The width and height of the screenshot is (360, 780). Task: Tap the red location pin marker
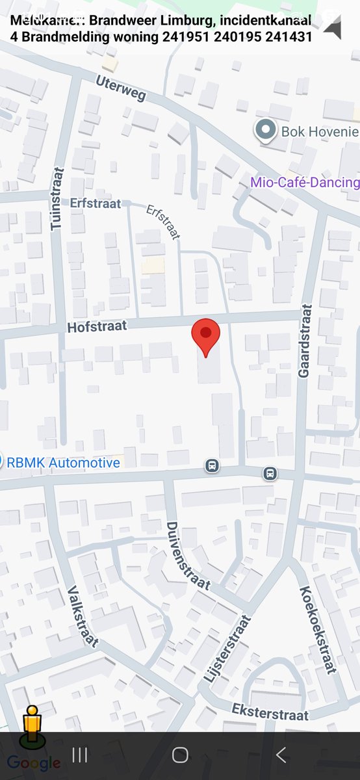pyautogui.click(x=205, y=335)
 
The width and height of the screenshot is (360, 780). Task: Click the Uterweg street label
pyautogui.click(x=121, y=88)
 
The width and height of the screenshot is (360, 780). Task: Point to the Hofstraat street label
pyautogui.click(x=97, y=326)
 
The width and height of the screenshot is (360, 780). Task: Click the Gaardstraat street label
pyautogui.click(x=305, y=341)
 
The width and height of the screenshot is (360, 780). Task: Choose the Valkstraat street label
pyautogui.click(x=83, y=616)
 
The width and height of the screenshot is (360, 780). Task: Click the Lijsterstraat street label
pyautogui.click(x=227, y=647)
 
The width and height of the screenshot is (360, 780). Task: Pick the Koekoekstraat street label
pyautogui.click(x=318, y=629)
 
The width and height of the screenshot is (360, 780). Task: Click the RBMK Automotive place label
pyautogui.click(x=64, y=463)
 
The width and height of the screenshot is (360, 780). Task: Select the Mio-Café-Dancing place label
pyautogui.click(x=305, y=182)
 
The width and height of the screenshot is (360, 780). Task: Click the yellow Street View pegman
pyautogui.click(x=31, y=725)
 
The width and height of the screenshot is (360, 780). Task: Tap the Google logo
pyautogui.click(x=34, y=763)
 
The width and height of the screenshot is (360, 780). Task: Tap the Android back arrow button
pyautogui.click(x=281, y=755)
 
